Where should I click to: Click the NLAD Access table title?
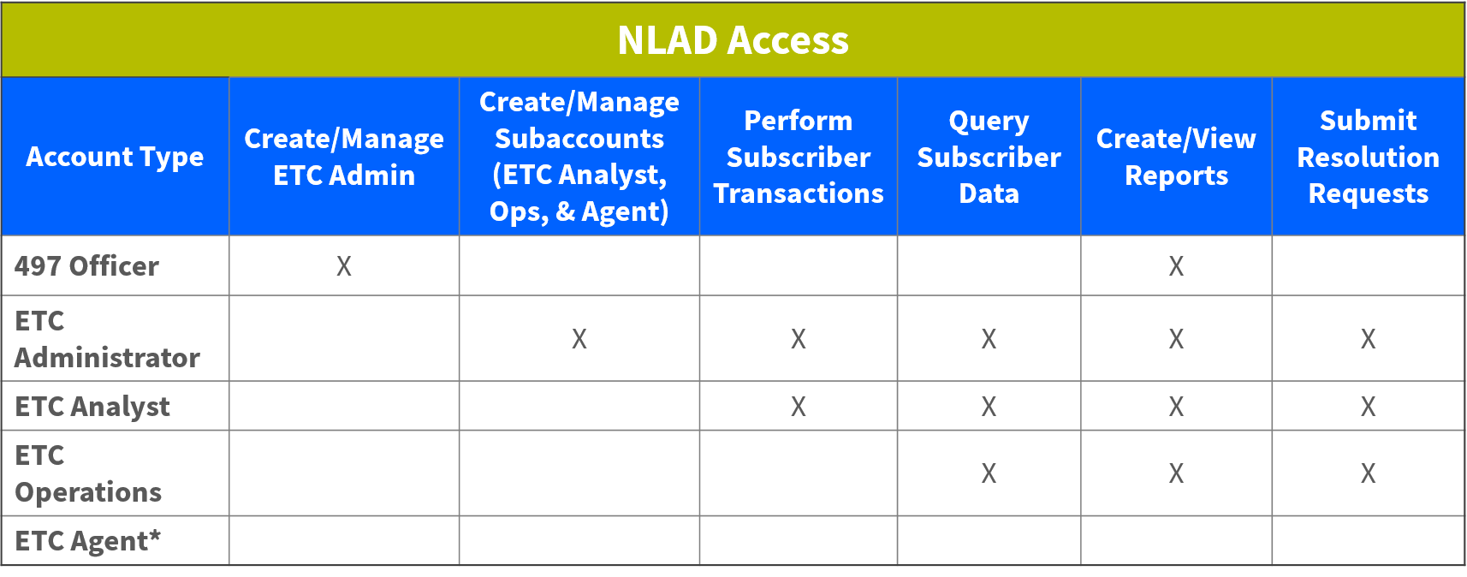(x=733, y=40)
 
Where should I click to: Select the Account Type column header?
(x=115, y=157)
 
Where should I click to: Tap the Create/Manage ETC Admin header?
(x=344, y=157)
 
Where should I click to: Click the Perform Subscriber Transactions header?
(x=798, y=157)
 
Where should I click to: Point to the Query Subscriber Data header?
(x=989, y=157)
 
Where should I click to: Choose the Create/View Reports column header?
(x=1176, y=157)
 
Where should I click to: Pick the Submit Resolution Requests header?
(x=1368, y=157)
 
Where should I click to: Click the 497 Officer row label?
(x=86, y=266)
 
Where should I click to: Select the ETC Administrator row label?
(x=107, y=339)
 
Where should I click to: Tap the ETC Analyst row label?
(x=92, y=407)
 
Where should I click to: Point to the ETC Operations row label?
(x=88, y=473)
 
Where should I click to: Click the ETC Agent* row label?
(x=87, y=541)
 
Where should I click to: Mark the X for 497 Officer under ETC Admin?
(x=344, y=266)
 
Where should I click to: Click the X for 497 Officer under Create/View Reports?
(x=1176, y=266)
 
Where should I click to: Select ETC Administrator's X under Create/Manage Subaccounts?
(x=579, y=339)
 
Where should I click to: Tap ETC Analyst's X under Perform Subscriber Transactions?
(x=798, y=407)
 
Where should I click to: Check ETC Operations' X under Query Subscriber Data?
(x=989, y=473)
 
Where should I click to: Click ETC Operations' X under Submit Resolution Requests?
(x=1368, y=473)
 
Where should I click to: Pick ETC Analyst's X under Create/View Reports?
(x=1176, y=407)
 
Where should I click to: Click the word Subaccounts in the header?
(x=579, y=139)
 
